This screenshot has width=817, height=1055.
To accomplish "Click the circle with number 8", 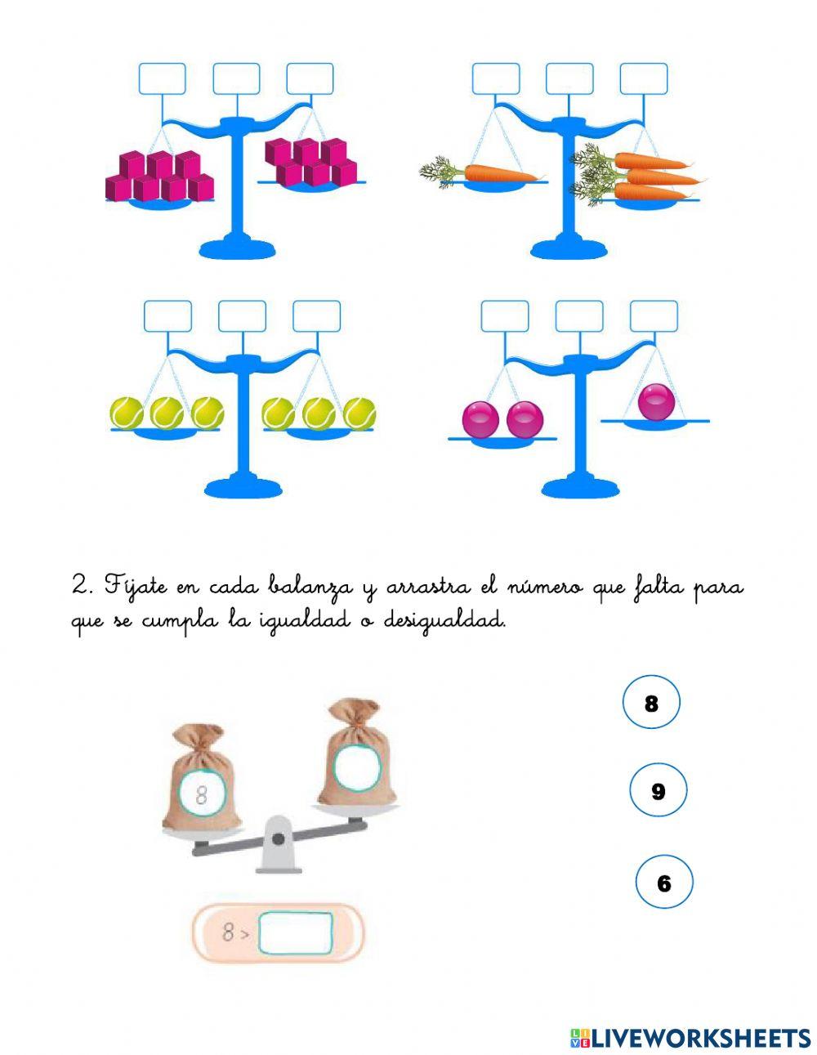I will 651,702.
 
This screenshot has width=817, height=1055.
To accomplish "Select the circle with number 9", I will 659,790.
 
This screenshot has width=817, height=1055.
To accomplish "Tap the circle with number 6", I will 663,883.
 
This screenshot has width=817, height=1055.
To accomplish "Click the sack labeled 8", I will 200,785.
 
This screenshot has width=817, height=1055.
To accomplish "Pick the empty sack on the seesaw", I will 357,756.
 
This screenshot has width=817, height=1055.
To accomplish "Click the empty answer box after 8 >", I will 295,932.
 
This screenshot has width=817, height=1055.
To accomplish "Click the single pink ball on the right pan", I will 656,401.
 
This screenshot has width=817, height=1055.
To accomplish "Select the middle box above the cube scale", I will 236,79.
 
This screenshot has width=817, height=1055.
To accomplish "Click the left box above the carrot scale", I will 496,79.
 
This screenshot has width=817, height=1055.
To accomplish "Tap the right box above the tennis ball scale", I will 316,316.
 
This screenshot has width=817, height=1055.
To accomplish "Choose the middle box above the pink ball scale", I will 579,316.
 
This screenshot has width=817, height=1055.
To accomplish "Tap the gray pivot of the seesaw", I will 279,839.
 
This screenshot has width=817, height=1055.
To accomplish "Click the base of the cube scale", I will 236,247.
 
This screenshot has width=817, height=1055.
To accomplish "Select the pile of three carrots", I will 645,176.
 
